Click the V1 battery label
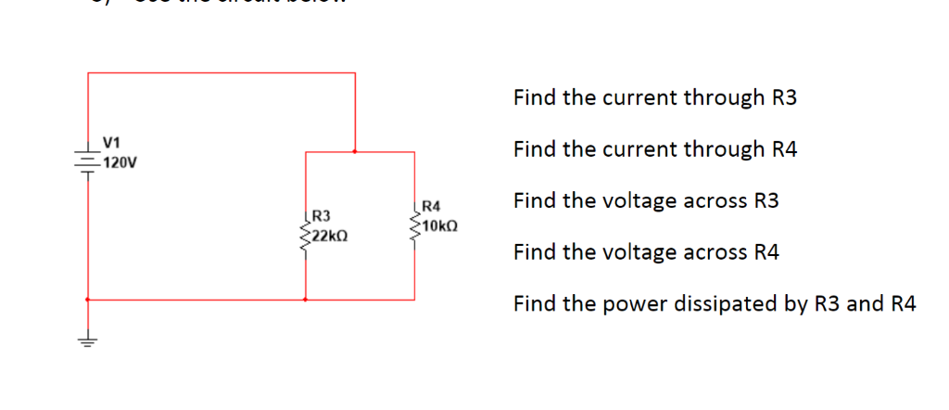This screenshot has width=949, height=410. pos(111,143)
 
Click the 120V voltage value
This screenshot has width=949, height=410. pos(120,163)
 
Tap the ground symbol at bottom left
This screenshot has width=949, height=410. pos(88,340)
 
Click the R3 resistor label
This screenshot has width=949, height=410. pos(322,217)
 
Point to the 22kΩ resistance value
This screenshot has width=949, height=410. pos(329,236)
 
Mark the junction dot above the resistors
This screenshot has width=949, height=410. pos(355,151)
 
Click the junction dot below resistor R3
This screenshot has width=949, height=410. pos(306,300)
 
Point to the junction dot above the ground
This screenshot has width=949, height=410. pos(88,300)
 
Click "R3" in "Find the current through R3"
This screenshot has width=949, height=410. pos(783,98)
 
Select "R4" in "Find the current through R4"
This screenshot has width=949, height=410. pos(783,149)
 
